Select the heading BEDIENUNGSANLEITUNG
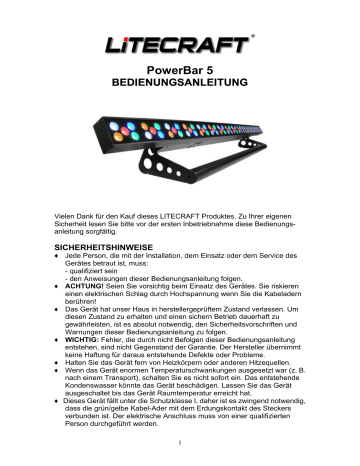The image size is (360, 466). point(180,90)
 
